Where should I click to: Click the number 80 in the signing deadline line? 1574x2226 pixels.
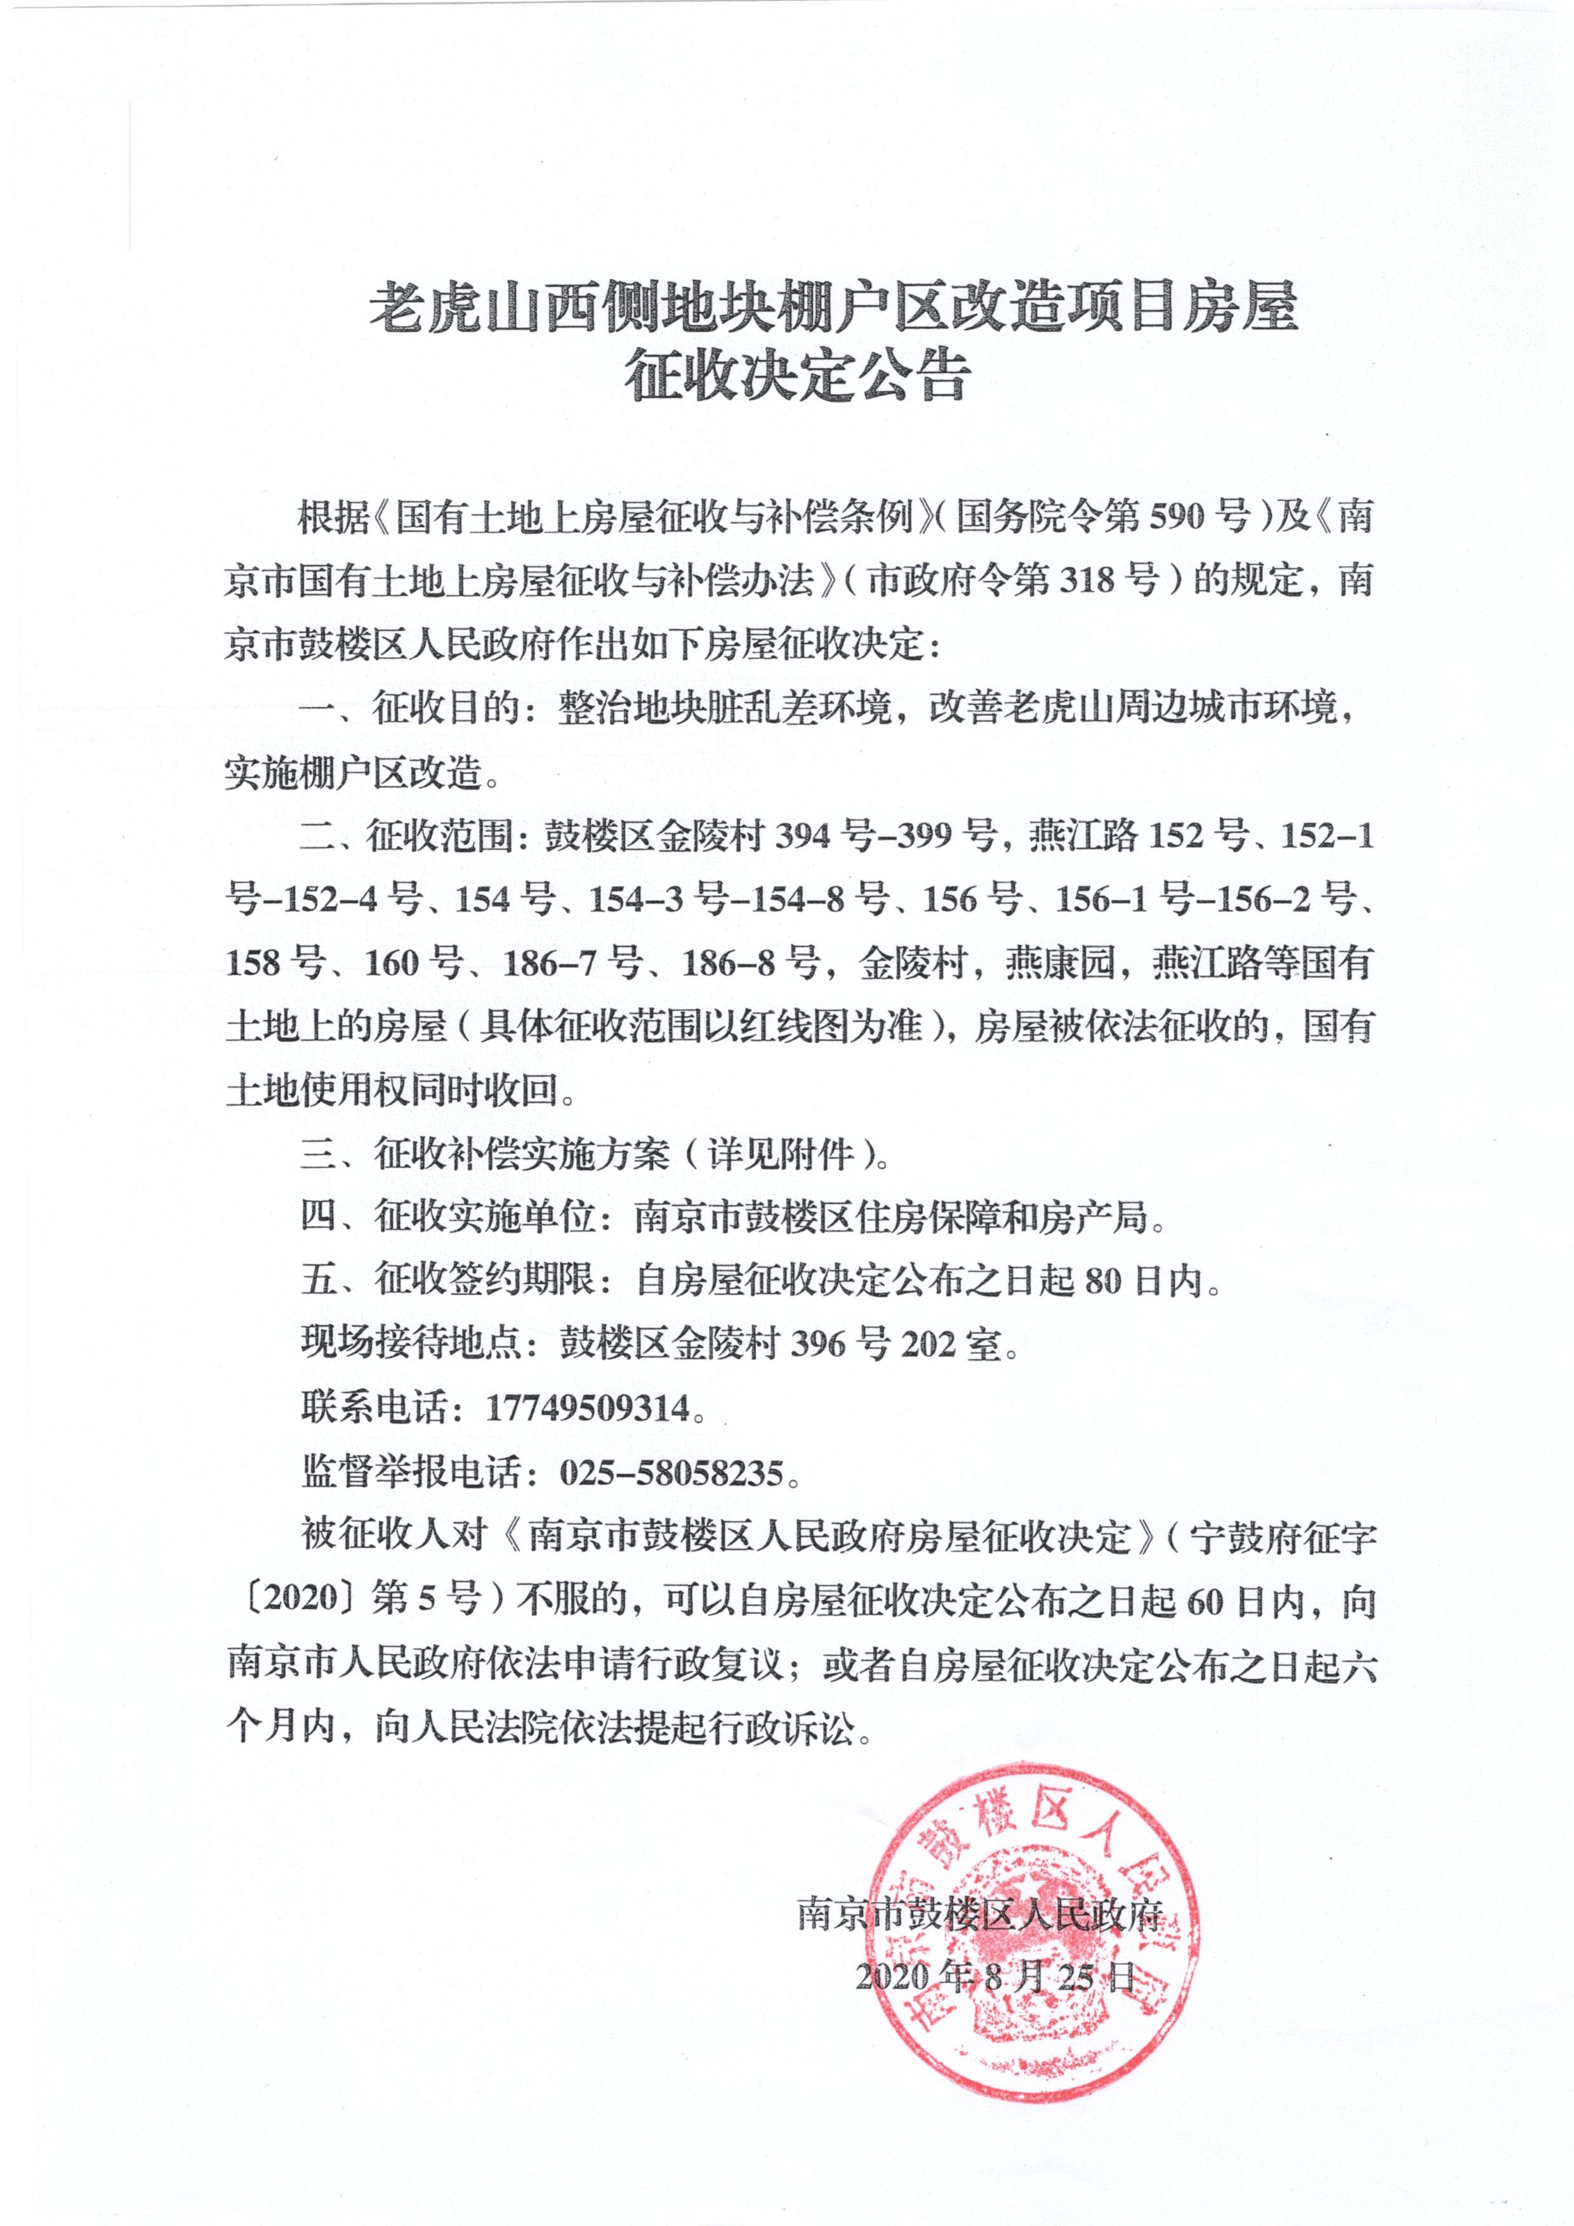(1103, 1281)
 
